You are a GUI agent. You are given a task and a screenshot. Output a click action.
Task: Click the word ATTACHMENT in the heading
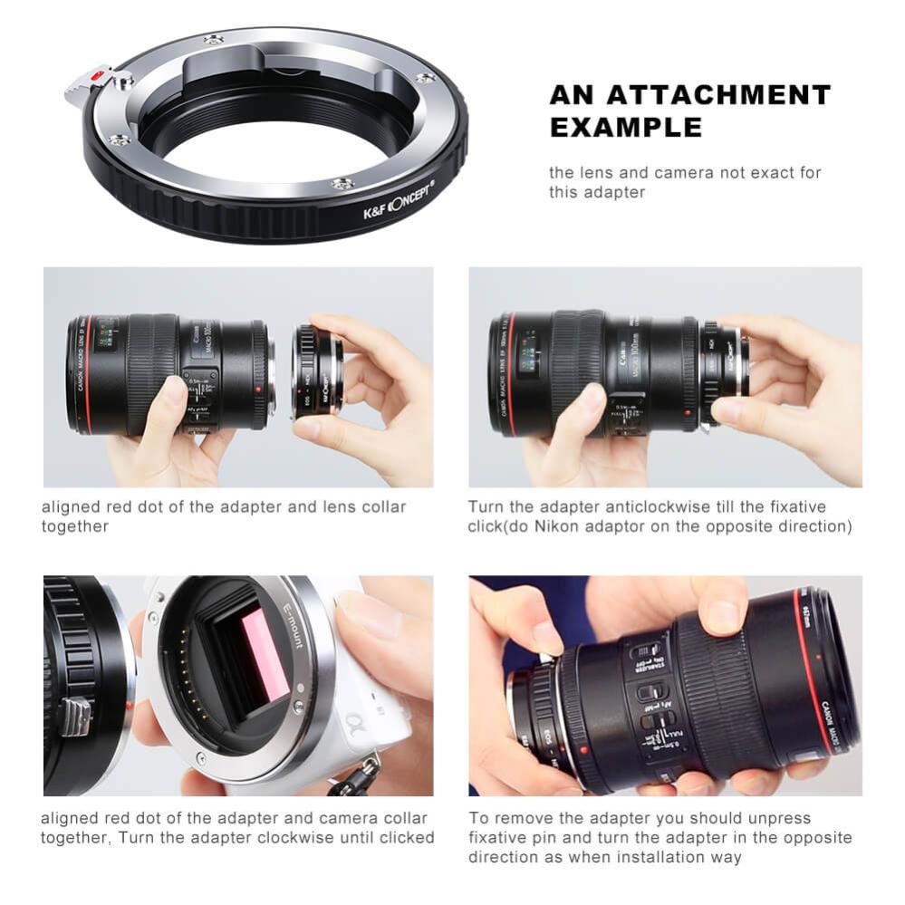click(x=719, y=95)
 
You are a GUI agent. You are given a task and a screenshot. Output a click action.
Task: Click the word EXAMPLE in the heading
click(x=626, y=127)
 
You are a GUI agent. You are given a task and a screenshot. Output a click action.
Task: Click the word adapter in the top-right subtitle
click(x=612, y=192)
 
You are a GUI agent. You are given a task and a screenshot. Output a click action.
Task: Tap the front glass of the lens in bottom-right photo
click(x=839, y=670)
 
